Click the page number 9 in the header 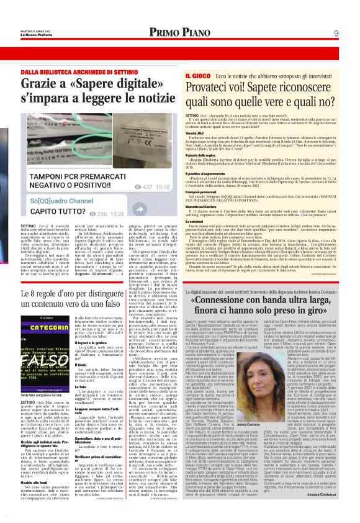pyautogui.click(x=336, y=33)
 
